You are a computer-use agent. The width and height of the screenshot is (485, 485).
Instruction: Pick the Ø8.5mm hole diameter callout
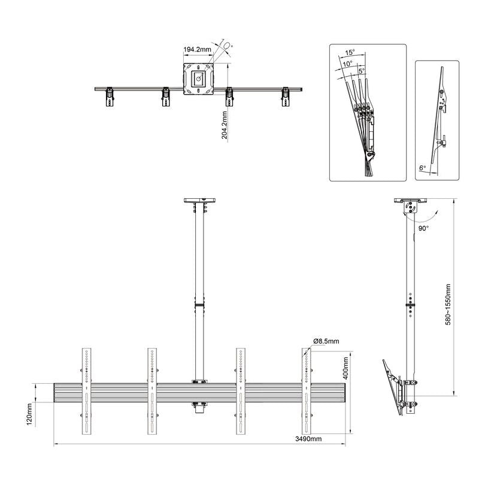point(326,341)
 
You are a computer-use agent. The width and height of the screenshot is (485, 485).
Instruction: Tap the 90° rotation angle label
point(423,229)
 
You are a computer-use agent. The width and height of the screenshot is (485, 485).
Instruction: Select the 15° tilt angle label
point(350,52)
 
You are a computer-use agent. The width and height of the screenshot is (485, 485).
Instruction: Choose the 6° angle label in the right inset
point(423,169)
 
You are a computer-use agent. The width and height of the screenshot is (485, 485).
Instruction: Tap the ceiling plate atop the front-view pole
point(198,201)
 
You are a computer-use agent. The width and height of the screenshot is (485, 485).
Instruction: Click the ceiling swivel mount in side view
point(411,207)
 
